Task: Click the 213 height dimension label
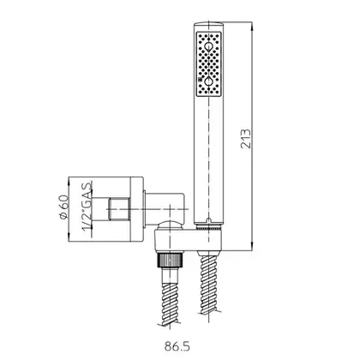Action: pyautogui.click(x=246, y=139)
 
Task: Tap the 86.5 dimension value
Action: pyautogui.click(x=177, y=346)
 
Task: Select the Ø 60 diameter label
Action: pyautogui.click(x=64, y=207)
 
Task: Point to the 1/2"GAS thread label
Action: pyautogui.click(x=87, y=206)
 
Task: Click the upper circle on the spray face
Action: pyautogui.click(x=209, y=47)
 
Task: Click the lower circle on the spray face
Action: pyautogui.click(x=209, y=81)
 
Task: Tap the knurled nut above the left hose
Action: pyautogui.click(x=171, y=261)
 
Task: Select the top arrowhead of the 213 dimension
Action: pyautogui.click(x=252, y=26)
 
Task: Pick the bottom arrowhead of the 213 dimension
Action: pyautogui.click(x=252, y=247)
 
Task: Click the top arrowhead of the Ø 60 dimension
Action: pyautogui.click(x=69, y=181)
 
